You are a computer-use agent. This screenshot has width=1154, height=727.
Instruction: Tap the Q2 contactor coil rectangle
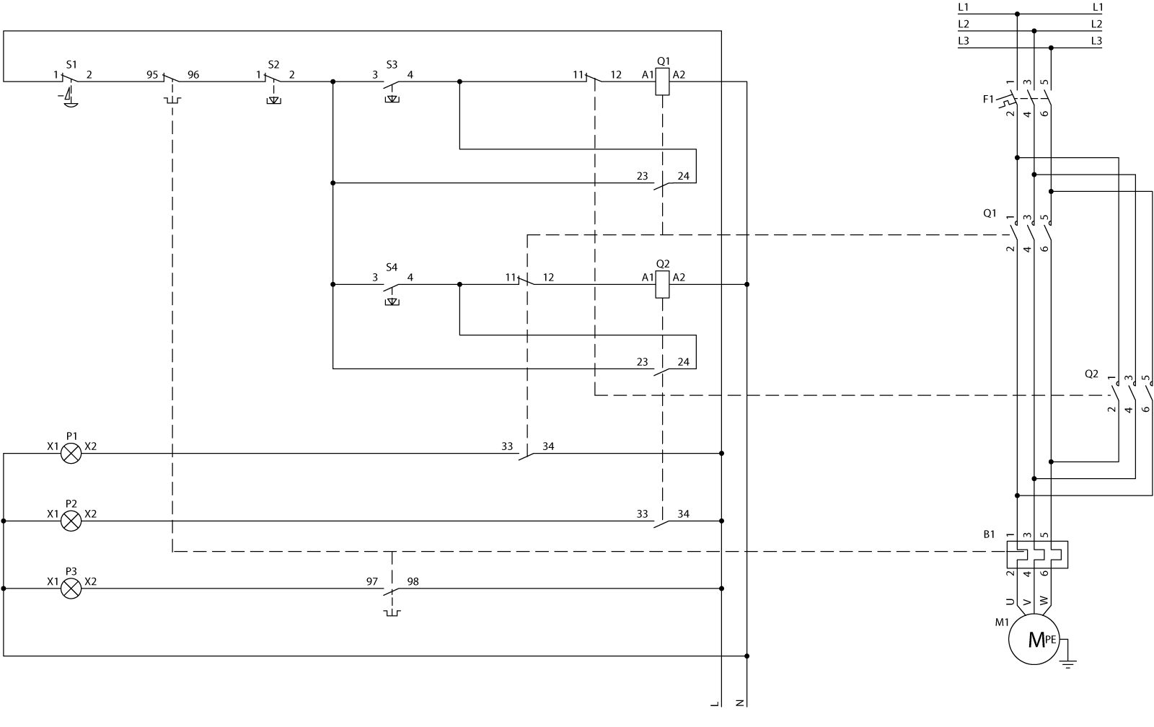pyautogui.click(x=662, y=285)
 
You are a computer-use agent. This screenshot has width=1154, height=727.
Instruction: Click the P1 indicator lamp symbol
pyautogui.click(x=71, y=454)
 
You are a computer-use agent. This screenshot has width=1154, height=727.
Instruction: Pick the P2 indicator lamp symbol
pyautogui.click(x=71, y=521)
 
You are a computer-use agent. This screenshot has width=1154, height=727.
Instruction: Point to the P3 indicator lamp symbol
pyautogui.click(x=71, y=589)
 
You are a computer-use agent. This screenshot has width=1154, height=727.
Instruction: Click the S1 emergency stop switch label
pyautogui.click(x=71, y=63)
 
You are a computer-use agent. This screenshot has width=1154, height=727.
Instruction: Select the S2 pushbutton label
pyautogui.click(x=273, y=63)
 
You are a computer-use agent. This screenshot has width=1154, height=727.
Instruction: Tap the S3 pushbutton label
pyautogui.click(x=392, y=63)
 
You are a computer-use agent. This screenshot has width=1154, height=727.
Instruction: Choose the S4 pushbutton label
pyautogui.click(x=392, y=267)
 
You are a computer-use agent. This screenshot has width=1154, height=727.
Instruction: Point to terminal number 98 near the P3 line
pyautogui.click(x=413, y=581)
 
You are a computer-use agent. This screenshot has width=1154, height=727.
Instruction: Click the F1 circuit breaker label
pyautogui.click(x=988, y=98)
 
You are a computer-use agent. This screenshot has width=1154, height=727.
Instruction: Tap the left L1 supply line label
pyautogui.click(x=964, y=7)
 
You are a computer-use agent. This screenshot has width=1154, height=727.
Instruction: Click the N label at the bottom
pyautogui.click(x=739, y=702)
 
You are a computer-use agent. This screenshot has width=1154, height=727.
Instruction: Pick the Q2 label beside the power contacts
pyautogui.click(x=1091, y=374)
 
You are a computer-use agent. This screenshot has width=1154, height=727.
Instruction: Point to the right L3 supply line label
pyautogui.click(x=1096, y=41)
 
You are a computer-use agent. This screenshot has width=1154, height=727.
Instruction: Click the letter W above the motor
pyautogui.click(x=1044, y=601)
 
